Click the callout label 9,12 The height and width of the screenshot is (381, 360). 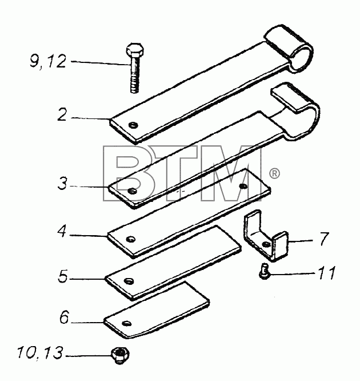tap(48, 61)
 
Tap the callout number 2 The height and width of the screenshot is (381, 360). tap(62, 114)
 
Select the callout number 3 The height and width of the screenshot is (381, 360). tap(62, 183)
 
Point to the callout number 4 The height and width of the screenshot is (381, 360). tap(62, 231)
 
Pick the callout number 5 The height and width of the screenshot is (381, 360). tap(63, 276)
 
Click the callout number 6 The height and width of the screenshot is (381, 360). tap(65, 317)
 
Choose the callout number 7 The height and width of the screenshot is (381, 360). tap(324, 239)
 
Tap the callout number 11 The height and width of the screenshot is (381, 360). tap(327, 272)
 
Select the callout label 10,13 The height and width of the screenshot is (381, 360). tap(40, 352)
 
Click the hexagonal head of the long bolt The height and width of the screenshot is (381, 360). tap(135, 50)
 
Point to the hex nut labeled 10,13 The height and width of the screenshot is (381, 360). tap(119, 355)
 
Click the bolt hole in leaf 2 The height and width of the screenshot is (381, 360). tap(133, 125)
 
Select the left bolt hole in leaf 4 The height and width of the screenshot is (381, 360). tap(131, 239)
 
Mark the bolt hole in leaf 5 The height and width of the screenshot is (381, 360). tap(129, 281)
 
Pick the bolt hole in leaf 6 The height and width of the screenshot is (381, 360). tap(127, 323)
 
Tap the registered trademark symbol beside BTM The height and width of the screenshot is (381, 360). tap(274, 173)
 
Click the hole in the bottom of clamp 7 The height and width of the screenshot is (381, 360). tap(266, 244)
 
